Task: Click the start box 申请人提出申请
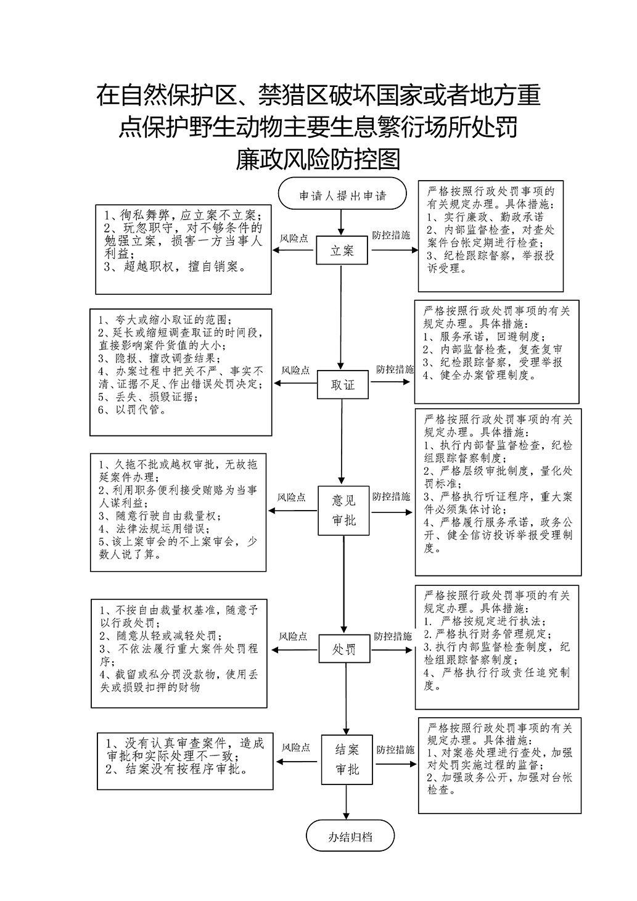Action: click(x=342, y=194)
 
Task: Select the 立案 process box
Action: click(x=342, y=250)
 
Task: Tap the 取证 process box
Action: click(x=343, y=385)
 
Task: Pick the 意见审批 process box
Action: click(x=343, y=511)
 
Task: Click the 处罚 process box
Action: click(x=344, y=649)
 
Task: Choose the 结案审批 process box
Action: click(x=347, y=760)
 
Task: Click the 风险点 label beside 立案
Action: click(x=294, y=239)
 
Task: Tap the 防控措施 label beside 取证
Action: click(x=395, y=369)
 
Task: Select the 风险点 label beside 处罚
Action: click(x=293, y=636)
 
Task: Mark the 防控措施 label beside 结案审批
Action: click(x=395, y=750)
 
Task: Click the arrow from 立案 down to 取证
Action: click(x=342, y=318)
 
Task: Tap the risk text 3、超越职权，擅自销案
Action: click(x=175, y=266)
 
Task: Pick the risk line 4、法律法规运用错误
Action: click(x=154, y=529)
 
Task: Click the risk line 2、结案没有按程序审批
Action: click(x=176, y=769)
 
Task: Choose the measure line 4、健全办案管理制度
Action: click(x=479, y=376)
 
